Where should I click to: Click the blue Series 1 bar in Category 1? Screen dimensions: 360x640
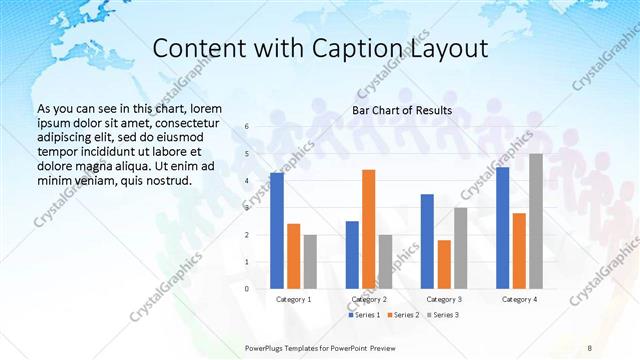pyautogui.click(x=277, y=230)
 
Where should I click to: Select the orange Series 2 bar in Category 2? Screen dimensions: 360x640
pyautogui.click(x=369, y=229)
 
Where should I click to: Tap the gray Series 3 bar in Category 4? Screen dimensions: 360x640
pyautogui.click(x=536, y=221)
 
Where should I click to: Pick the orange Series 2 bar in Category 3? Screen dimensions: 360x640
pyautogui.click(x=444, y=264)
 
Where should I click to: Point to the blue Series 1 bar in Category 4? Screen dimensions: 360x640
pyautogui.click(x=503, y=227)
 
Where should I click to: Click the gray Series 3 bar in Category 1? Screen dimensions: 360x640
pyautogui.click(x=310, y=261)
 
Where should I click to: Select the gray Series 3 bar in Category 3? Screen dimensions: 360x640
pyautogui.click(x=461, y=247)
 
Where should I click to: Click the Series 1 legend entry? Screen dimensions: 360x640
pyautogui.click(x=364, y=315)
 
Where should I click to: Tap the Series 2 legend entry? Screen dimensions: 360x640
pyautogui.click(x=404, y=315)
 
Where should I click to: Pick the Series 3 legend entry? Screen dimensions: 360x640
pyautogui.click(x=443, y=315)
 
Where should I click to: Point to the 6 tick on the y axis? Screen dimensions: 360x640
pyautogui.click(x=247, y=127)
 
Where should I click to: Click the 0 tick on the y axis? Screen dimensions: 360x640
pyautogui.click(x=247, y=288)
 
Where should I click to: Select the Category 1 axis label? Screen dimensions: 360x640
pyautogui.click(x=293, y=299)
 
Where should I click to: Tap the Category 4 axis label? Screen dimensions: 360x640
pyautogui.click(x=519, y=299)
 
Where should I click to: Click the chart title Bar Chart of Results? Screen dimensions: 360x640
pyautogui.click(x=402, y=110)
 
